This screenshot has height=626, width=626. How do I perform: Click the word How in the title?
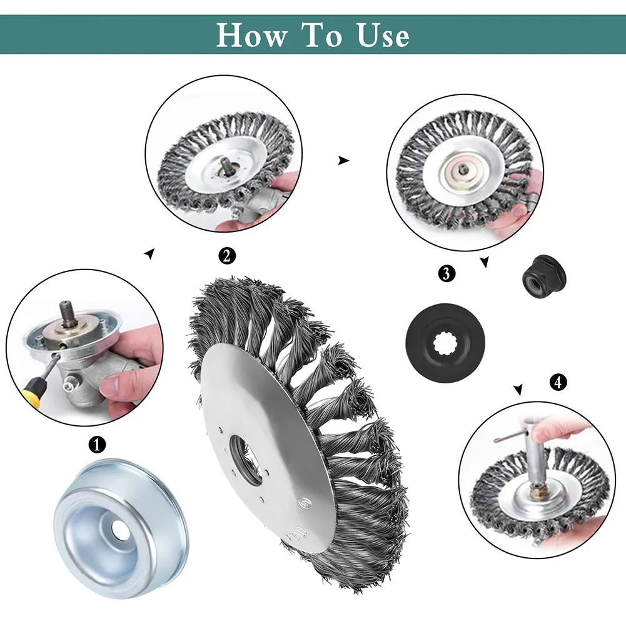[x=250, y=35]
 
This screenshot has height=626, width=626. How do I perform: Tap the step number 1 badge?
[x=96, y=445]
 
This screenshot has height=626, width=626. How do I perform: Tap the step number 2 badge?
[x=227, y=255]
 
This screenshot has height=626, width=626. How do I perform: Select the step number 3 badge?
[x=447, y=273]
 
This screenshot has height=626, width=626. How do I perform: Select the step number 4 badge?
[x=558, y=381]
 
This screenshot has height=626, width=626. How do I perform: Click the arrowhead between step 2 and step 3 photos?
[x=343, y=161]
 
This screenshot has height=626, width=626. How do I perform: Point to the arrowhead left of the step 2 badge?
[x=148, y=253]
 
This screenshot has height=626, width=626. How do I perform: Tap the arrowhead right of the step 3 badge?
[x=484, y=263]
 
